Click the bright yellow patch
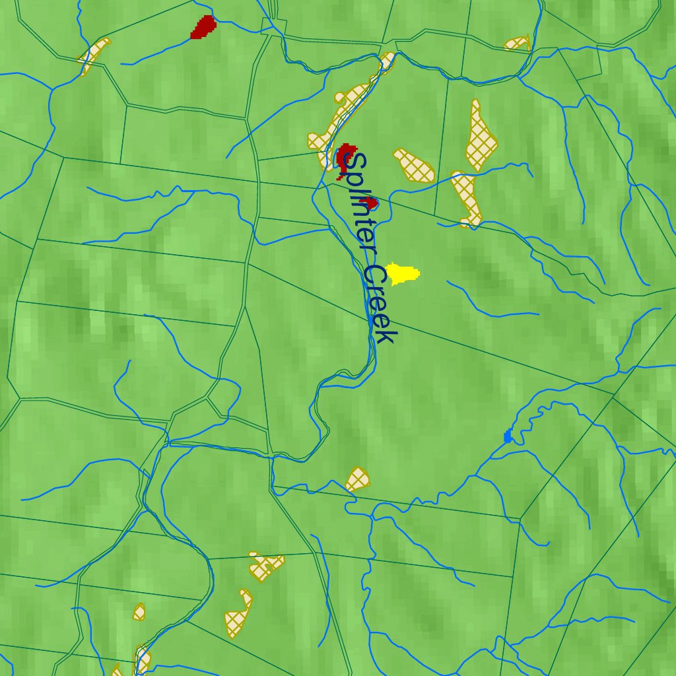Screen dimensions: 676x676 click(402, 273)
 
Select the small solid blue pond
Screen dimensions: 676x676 click(508, 436)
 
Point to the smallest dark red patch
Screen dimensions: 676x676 click(371, 203)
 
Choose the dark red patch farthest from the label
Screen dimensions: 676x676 click(203, 27)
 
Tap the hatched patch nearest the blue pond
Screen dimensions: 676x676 click(357, 479)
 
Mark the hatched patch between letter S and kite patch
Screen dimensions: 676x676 click(414, 165)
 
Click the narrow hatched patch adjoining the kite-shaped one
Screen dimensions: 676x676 click(467, 198)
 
